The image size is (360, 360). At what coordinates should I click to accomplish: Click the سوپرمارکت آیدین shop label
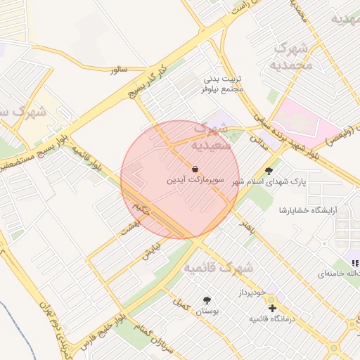pos(195,180)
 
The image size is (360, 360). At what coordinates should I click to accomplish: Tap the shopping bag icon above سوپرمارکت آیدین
pos(195,169)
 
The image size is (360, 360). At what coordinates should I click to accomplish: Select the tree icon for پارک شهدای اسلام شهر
pos(269,171)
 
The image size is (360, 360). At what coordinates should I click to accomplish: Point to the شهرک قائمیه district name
pos(218,268)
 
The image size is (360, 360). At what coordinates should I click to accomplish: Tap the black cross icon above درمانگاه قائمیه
pos(272,308)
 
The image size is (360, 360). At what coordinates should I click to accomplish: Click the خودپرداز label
pos(251,291)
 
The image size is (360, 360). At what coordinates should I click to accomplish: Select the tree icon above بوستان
pos(206,300)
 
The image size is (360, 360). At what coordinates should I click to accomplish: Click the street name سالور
pos(117,70)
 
